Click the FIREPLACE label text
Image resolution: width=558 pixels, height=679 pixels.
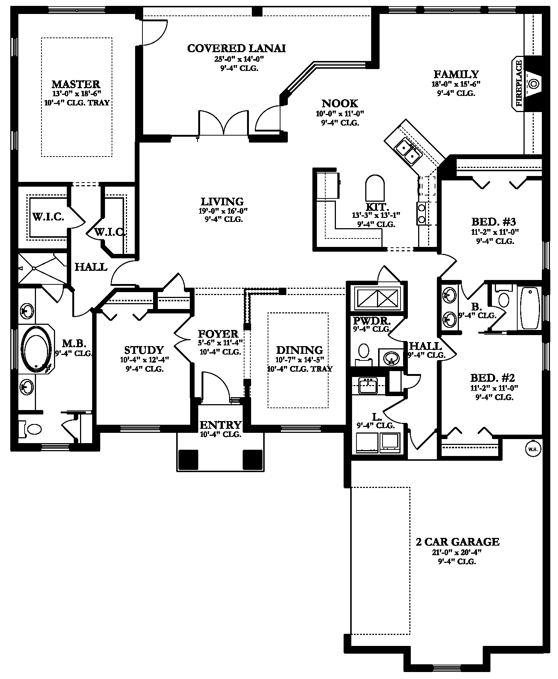[519, 83]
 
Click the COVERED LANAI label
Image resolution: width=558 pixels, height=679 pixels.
[236, 48]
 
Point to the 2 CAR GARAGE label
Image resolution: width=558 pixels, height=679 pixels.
[457, 542]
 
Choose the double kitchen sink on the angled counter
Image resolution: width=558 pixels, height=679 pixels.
[408, 152]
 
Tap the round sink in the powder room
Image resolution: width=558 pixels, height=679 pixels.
[391, 358]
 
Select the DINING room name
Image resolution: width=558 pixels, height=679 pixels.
[300, 350]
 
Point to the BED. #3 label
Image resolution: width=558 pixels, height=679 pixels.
[494, 222]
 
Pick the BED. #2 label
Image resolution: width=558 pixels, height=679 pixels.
[493, 378]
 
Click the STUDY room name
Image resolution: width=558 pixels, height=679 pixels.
[144, 350]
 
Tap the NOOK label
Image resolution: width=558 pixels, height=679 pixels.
[340, 104]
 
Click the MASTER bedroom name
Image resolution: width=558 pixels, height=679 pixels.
[76, 84]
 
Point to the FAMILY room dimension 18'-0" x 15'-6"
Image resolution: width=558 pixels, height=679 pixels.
[456, 84]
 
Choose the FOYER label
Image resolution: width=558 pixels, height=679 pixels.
[218, 334]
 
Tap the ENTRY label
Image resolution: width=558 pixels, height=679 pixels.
[220, 425]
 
